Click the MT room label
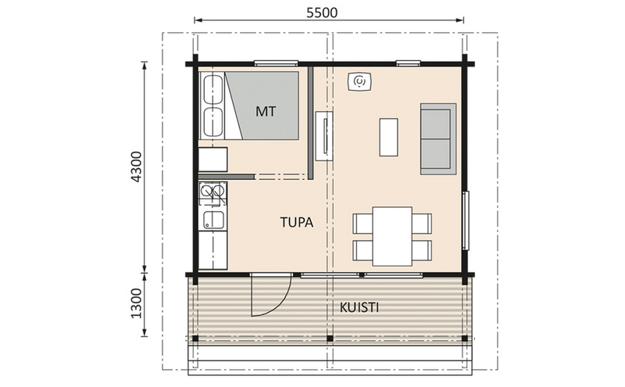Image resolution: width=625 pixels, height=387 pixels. tap(266, 110)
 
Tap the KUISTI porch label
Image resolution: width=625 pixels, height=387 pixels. tap(360, 306)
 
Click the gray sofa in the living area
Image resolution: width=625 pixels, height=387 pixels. tap(436, 138)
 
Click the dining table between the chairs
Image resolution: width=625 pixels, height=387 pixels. tap(392, 235)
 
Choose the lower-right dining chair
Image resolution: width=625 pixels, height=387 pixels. tap(422, 250)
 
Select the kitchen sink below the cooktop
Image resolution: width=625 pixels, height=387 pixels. tap(212, 220)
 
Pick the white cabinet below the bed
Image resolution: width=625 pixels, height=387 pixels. tap(212, 160)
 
